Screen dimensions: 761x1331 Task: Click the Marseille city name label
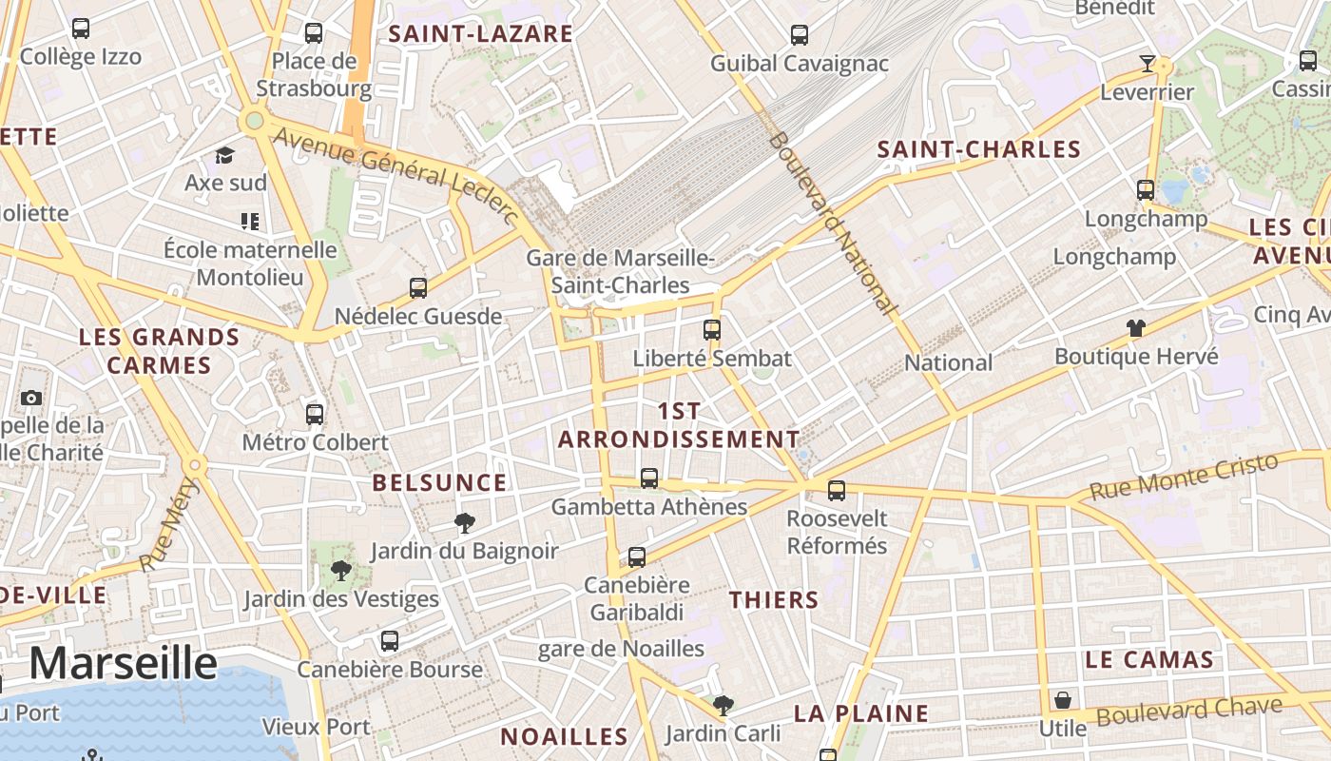[x=123, y=663]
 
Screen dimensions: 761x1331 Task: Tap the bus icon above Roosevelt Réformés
[x=837, y=491]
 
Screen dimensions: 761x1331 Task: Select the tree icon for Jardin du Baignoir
[x=464, y=522]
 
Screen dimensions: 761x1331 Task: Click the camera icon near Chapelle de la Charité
[x=31, y=398]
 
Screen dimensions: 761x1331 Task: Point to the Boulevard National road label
[x=832, y=224]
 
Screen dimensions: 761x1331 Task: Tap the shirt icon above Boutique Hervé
[x=1135, y=329]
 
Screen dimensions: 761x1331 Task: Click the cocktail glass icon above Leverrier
[x=1148, y=64]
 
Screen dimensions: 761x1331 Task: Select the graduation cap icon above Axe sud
[x=224, y=155]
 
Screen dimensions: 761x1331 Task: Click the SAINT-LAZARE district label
[x=481, y=34]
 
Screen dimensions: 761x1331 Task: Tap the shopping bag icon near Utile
[x=1063, y=701]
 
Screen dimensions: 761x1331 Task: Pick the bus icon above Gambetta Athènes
[x=649, y=478]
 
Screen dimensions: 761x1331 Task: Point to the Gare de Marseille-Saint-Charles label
[x=621, y=271]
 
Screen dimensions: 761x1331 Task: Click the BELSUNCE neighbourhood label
[x=439, y=482]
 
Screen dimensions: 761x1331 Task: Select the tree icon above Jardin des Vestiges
[x=340, y=571]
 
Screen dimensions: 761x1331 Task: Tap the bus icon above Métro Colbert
[x=315, y=415]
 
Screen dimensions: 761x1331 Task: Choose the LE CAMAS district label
[x=1149, y=659]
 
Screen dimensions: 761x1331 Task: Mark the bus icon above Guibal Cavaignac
[x=800, y=35]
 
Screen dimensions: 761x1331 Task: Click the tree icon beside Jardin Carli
[x=723, y=705]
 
